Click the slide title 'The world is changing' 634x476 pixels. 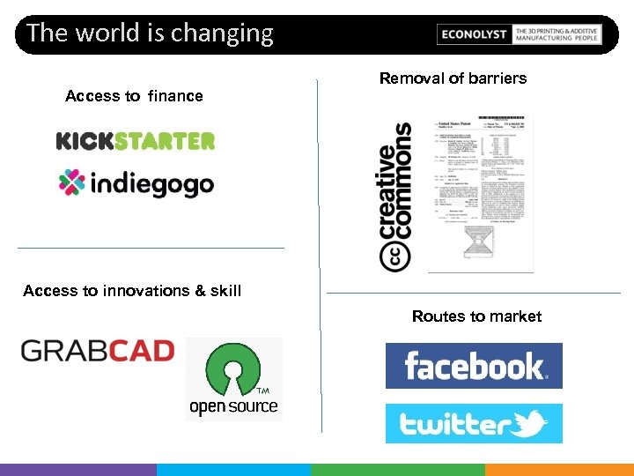[x=150, y=33]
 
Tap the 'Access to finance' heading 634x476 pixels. [x=134, y=96]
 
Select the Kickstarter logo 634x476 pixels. [x=136, y=141]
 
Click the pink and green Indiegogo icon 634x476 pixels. [x=71, y=182]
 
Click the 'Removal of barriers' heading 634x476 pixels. [x=453, y=78]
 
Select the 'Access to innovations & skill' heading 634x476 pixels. [x=132, y=291]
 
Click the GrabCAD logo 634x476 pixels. [x=97, y=351]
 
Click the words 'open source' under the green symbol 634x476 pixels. [x=233, y=407]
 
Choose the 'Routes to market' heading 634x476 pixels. [x=476, y=316]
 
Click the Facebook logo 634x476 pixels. [x=474, y=366]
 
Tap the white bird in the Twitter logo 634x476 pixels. [x=530, y=425]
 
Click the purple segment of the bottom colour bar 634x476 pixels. [x=78, y=470]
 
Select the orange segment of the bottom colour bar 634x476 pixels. [x=559, y=470]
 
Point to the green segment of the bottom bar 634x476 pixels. [x=396, y=470]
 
